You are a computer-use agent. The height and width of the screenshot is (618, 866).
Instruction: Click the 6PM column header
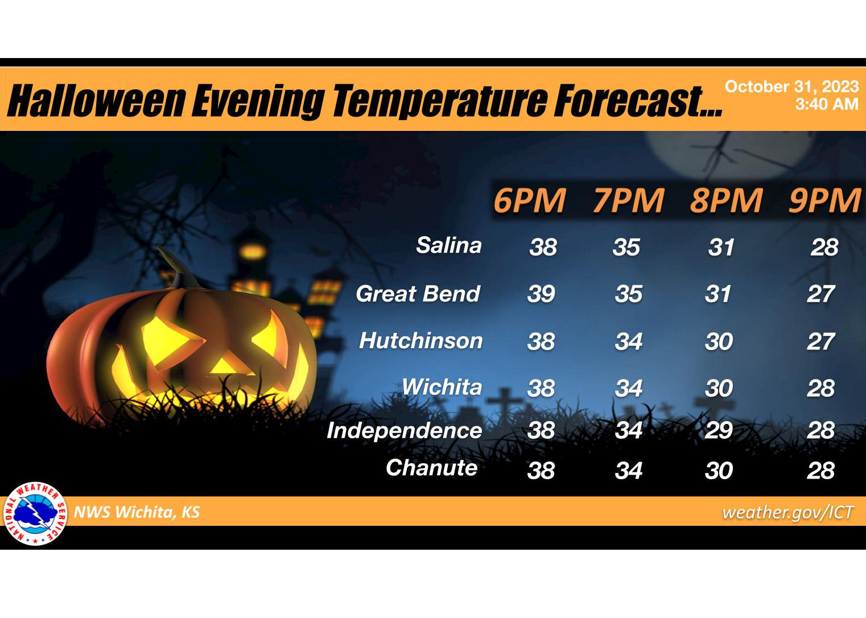tap(530, 200)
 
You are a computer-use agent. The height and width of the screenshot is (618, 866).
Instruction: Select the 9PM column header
tap(824, 200)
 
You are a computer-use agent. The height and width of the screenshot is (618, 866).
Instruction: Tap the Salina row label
tap(449, 245)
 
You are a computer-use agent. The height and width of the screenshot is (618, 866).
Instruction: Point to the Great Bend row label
tap(418, 294)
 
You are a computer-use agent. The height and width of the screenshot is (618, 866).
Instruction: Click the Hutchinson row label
tap(421, 341)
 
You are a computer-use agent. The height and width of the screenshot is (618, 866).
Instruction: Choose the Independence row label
tap(405, 431)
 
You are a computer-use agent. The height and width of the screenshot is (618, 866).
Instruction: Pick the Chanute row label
tap(432, 468)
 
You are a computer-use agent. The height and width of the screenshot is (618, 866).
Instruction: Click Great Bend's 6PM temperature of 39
tap(541, 294)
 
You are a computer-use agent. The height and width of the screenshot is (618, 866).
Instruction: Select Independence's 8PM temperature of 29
tap(719, 430)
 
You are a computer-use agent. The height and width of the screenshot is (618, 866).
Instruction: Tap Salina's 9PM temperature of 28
tap(824, 247)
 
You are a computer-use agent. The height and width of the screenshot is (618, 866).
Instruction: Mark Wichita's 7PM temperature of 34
tap(629, 388)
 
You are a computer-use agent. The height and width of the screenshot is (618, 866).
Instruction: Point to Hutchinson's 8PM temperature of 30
tap(719, 341)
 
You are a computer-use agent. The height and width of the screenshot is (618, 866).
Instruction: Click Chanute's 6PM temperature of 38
tap(541, 471)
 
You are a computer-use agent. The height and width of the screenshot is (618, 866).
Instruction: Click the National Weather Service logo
tap(36, 514)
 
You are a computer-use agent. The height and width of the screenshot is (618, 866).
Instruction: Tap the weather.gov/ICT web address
tap(787, 512)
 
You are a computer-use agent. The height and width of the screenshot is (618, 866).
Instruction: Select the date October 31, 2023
tap(792, 86)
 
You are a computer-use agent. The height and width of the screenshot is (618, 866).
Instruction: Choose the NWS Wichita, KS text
tap(137, 512)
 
